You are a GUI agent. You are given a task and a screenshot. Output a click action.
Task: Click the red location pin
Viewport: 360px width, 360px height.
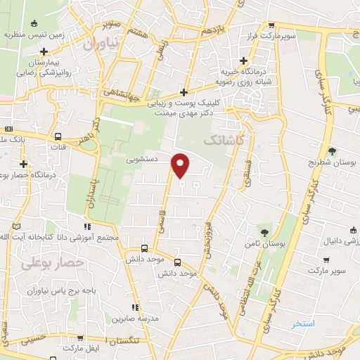tap(181, 165)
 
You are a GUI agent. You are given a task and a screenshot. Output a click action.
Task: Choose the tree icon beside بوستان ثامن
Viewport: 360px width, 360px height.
tap(264, 231)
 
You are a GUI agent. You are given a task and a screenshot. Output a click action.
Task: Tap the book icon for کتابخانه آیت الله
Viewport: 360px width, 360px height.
tap(17, 227)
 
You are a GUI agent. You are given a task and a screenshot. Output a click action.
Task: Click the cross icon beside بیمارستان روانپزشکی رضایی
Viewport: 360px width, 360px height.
tap(44, 52)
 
